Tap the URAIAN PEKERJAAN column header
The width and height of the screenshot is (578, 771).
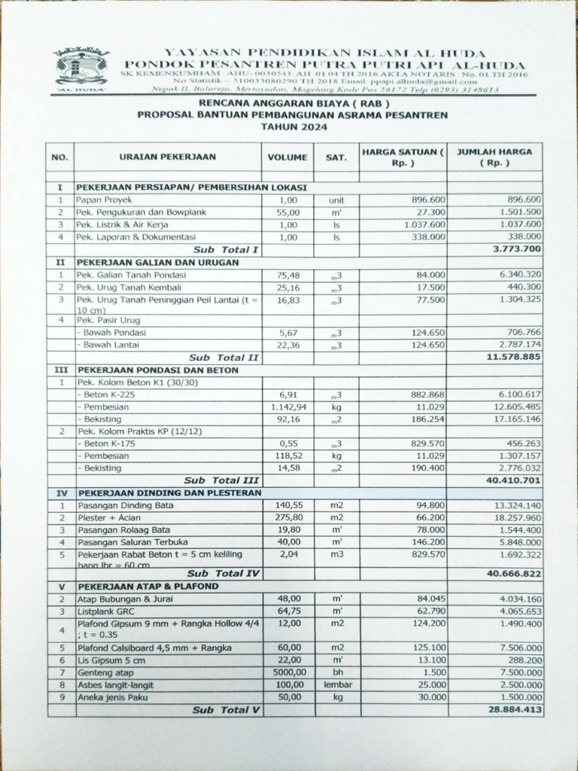point(167,157)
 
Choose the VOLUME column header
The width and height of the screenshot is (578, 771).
point(287,157)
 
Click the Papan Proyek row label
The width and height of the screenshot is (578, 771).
point(101,200)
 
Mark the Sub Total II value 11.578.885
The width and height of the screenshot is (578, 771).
point(513,358)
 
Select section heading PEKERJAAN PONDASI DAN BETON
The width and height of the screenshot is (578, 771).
point(157,370)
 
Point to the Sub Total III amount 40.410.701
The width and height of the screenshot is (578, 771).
point(513,480)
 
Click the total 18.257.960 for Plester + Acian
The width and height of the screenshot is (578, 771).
point(515,518)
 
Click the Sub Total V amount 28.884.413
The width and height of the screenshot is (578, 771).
point(513,710)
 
